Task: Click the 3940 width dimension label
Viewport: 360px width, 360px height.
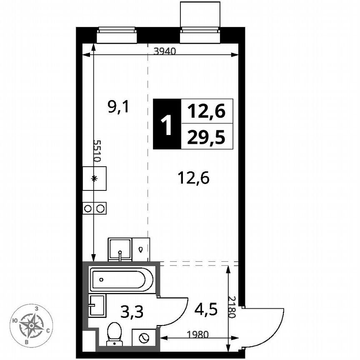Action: coord(165,52)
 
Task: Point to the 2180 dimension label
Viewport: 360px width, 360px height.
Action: coord(232,307)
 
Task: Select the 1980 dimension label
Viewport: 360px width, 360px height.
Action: coord(198,334)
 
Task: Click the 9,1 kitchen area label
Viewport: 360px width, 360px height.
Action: coord(119,108)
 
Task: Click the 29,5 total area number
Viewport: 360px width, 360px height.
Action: coord(206,137)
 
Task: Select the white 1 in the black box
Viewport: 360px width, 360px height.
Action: coord(167,124)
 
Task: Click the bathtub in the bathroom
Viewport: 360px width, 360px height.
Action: coord(119,280)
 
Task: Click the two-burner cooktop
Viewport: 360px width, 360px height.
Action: coord(95,208)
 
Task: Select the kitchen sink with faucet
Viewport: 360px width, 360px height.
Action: coord(120,249)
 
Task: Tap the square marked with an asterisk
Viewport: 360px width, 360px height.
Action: coord(94,178)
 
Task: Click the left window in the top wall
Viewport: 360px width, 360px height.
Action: coord(117,35)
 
